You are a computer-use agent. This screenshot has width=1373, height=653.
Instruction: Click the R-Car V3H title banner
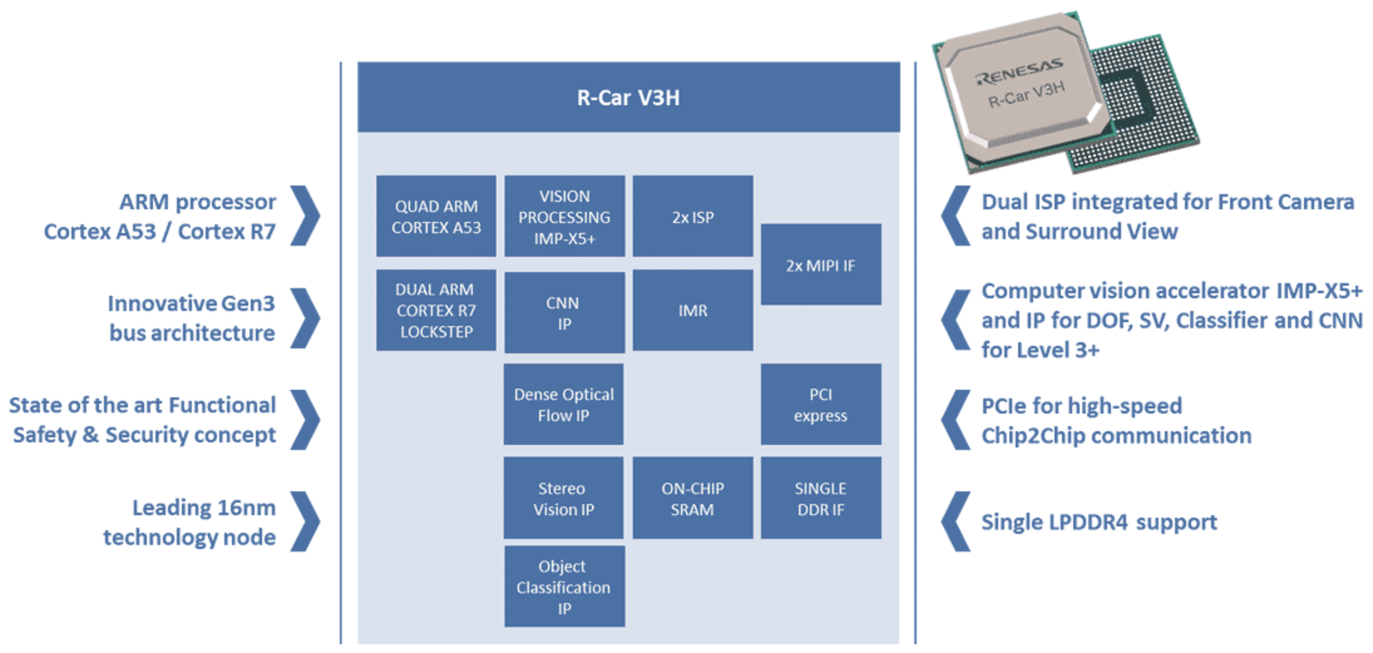pos(628,97)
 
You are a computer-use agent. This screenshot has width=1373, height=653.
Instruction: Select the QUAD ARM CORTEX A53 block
pos(436,216)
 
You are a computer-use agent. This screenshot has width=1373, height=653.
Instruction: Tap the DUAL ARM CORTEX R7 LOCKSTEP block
pos(436,310)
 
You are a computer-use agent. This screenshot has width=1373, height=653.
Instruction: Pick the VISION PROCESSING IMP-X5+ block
pos(564,216)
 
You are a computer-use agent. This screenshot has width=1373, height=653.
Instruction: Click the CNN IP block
pos(564,312)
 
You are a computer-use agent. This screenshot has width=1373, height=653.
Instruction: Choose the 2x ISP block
pos(693,216)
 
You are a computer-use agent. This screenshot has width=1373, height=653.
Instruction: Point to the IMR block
pos(693,310)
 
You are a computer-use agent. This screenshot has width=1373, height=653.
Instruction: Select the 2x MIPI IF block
pos(821,264)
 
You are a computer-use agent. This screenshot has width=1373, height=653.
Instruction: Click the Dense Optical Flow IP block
pos(564,404)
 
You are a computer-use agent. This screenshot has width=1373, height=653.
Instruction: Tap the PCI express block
pos(821,404)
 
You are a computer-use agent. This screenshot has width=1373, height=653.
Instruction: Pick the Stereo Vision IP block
pos(564,498)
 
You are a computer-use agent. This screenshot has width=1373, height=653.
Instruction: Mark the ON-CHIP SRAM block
pos(693,498)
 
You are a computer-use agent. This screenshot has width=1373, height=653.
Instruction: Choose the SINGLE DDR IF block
pos(821,498)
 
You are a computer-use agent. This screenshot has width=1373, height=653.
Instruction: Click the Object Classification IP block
pos(564,587)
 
